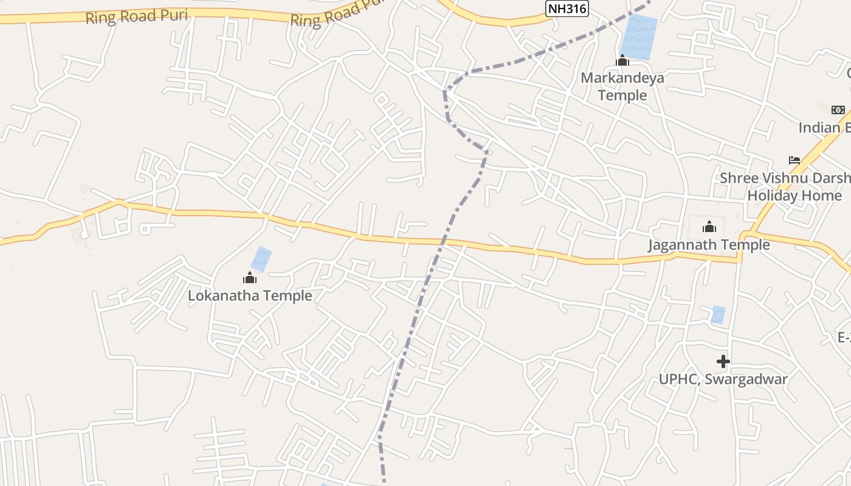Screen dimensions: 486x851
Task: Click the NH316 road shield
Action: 567,8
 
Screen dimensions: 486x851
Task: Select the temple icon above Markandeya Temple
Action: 622,60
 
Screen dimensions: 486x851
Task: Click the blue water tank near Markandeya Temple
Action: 639,36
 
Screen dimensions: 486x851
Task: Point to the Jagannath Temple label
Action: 708,245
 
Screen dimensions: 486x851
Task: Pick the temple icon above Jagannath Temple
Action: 709,227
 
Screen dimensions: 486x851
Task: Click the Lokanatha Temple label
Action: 250,296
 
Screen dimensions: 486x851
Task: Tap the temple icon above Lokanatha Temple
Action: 249,278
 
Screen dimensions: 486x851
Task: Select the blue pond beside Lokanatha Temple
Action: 262,259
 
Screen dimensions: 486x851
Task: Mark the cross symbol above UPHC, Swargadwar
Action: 723,362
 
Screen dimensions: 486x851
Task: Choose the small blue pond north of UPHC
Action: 718,315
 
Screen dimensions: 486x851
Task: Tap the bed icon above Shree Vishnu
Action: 794,160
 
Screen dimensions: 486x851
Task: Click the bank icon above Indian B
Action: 838,110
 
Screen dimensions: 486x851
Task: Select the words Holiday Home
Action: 794,196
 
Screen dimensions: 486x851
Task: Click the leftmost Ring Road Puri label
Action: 136,16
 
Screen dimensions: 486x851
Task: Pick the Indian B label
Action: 824,128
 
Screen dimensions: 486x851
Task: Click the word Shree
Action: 739,178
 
